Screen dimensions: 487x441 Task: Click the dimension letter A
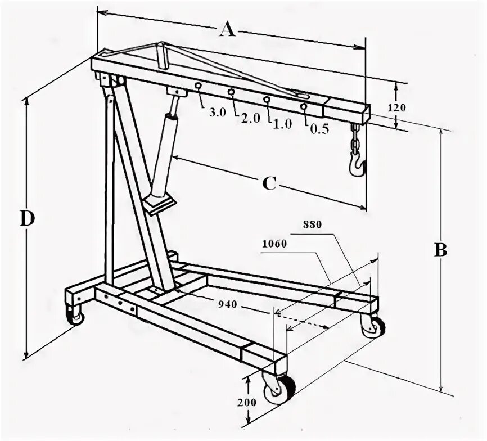coord(226,28)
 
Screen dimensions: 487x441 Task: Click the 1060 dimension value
coord(274,244)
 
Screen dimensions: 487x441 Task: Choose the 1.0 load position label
coord(282,124)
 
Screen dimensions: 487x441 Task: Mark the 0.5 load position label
coord(319,128)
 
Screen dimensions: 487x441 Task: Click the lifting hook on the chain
coord(357,164)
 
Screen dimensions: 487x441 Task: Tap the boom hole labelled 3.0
coord(198,85)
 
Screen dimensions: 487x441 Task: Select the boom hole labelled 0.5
coord(304,106)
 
